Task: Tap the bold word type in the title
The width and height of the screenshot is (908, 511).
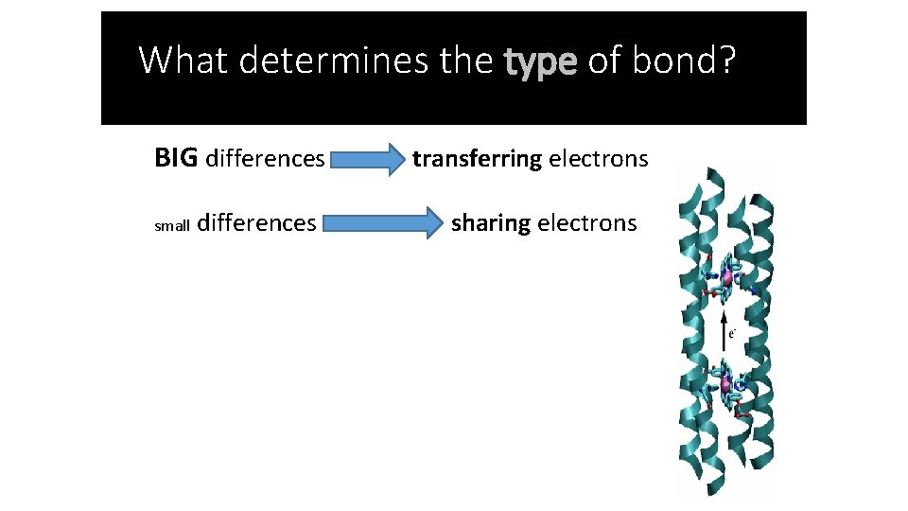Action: tap(540, 61)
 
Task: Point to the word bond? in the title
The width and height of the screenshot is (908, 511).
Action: tap(681, 61)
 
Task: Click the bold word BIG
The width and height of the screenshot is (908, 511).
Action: tap(176, 158)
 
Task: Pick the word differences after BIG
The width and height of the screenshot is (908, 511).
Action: tap(265, 158)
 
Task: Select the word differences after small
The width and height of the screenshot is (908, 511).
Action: tap(258, 223)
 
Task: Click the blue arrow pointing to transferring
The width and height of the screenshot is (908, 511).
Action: tap(368, 159)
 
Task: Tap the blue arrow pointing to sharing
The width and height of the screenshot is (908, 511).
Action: tap(384, 224)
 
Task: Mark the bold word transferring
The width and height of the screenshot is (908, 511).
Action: tap(477, 158)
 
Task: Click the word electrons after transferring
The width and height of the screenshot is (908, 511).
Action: tap(599, 158)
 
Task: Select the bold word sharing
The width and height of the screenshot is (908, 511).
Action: tap(491, 223)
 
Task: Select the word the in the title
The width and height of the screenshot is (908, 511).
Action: tap(467, 61)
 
